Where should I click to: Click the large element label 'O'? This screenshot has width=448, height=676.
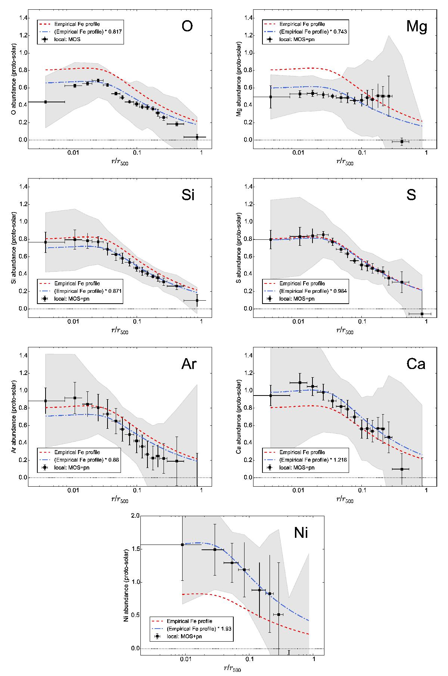point(187,27)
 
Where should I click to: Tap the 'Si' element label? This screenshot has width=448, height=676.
point(188,195)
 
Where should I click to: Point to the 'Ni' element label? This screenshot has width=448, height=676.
point(301,533)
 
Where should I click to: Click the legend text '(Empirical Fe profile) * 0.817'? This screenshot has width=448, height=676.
point(88,32)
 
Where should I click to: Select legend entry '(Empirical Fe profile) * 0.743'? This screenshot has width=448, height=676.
point(313,32)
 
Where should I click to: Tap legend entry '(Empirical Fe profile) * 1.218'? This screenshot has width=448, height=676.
point(313,460)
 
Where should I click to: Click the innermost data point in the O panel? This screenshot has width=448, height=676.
point(46,102)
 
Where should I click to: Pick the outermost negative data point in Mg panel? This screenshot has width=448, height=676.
point(402,142)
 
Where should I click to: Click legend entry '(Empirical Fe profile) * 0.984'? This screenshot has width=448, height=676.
point(313,291)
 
